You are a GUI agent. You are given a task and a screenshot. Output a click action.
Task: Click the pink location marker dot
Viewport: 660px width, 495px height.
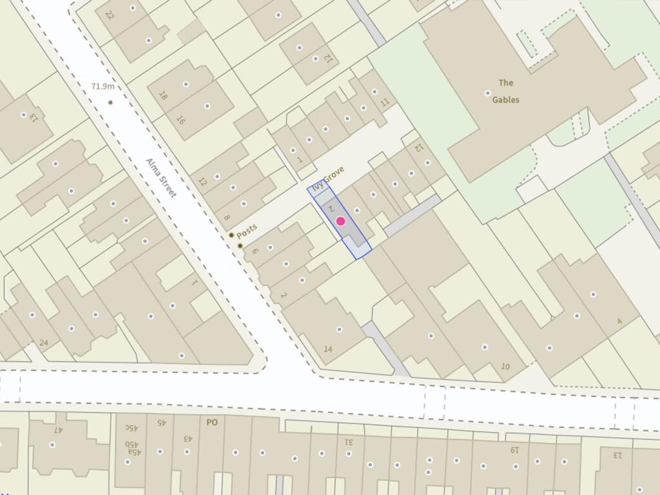tap(341, 222)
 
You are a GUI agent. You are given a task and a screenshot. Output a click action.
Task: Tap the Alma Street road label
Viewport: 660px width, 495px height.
tap(161, 177)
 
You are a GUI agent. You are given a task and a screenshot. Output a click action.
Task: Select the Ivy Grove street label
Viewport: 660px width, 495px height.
tap(329, 179)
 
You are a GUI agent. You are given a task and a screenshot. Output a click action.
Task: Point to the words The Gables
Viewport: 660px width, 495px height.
tap(506, 91)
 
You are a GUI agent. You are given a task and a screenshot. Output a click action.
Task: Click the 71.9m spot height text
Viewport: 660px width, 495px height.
tap(102, 86)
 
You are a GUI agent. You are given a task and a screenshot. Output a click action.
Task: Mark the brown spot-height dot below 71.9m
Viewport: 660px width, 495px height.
tap(111, 102)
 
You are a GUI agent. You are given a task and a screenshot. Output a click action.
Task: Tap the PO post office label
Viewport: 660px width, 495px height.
tap(211, 423)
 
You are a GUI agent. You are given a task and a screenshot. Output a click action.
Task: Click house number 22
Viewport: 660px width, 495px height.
tap(110, 15)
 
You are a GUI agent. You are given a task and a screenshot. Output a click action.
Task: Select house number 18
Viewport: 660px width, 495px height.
tap(163, 96)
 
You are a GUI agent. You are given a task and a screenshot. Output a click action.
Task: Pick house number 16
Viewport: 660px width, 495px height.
tap(180, 121)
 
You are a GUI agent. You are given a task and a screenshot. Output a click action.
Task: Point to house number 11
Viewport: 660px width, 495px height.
tap(385, 102)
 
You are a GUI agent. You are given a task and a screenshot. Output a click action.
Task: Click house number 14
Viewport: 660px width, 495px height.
tap(327, 349)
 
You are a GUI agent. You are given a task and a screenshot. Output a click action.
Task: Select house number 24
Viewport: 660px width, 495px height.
tap(44, 342)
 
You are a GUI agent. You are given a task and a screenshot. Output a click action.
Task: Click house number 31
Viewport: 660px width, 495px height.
tap(349, 442)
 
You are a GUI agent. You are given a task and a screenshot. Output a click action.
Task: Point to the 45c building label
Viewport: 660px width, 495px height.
tap(131, 427)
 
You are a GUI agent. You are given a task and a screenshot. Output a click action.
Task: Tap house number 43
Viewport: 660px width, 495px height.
tap(189, 438)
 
